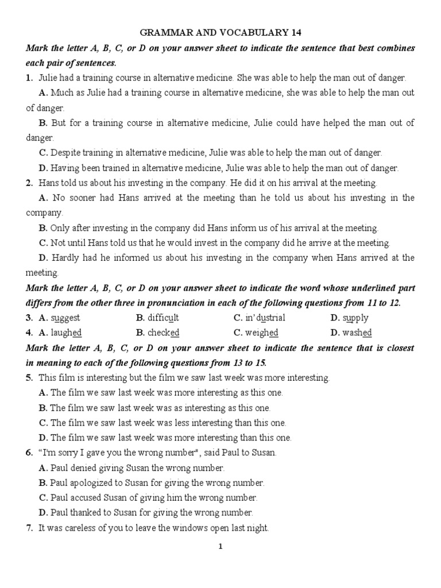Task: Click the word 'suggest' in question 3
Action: pos(65,318)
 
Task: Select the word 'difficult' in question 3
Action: pos(164,318)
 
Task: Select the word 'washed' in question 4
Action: pos(357,332)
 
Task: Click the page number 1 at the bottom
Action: pos(220,547)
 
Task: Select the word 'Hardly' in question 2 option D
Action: pos(66,258)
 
